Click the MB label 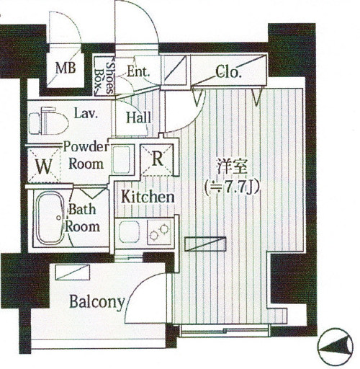click(66, 68)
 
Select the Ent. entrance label click(138, 71)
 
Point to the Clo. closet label click(228, 72)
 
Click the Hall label click(139, 117)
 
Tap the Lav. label click(86, 113)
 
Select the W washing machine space click(44, 166)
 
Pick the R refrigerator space click(157, 159)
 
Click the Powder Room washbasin click(122, 159)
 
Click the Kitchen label click(148, 197)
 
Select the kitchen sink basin click(130, 232)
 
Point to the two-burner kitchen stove click(159, 231)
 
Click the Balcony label click(97, 302)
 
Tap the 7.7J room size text click(232, 187)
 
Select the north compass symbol click(336, 347)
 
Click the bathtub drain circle click(59, 218)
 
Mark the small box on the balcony click(73, 272)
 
